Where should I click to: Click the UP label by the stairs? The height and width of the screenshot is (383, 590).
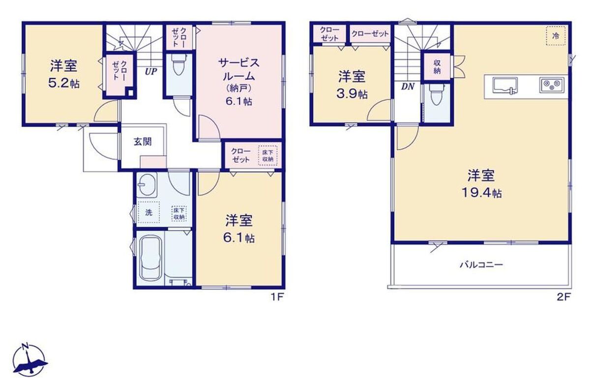pos(151,71)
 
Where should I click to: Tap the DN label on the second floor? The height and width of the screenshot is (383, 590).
pos(408,87)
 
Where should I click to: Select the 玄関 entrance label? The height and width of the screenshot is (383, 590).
pos(143,142)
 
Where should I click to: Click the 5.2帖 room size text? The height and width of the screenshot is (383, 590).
pos(64,84)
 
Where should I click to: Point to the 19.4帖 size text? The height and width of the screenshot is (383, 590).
pos(482,194)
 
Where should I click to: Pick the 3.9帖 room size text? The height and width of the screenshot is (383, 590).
pos(352,94)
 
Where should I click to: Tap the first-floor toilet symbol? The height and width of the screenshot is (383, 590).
pos(178,64)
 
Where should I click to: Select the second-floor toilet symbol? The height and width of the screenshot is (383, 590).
pos(436,95)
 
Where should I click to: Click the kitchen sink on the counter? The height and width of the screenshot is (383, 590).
pos(504,86)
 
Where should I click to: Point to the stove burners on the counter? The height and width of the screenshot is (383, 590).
pos(552,85)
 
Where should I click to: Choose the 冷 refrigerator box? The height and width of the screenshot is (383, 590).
pos(556,36)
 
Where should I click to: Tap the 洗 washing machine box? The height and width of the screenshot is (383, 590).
pos(149,212)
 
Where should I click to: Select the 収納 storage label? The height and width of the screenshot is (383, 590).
pos(437,67)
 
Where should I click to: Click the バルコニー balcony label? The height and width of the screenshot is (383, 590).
pos(481,265)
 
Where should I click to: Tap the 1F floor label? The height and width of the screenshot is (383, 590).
pos(277,297)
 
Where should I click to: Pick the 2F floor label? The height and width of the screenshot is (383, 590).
pos(563,297)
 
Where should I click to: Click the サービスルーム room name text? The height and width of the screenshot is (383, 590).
pos(238,69)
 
